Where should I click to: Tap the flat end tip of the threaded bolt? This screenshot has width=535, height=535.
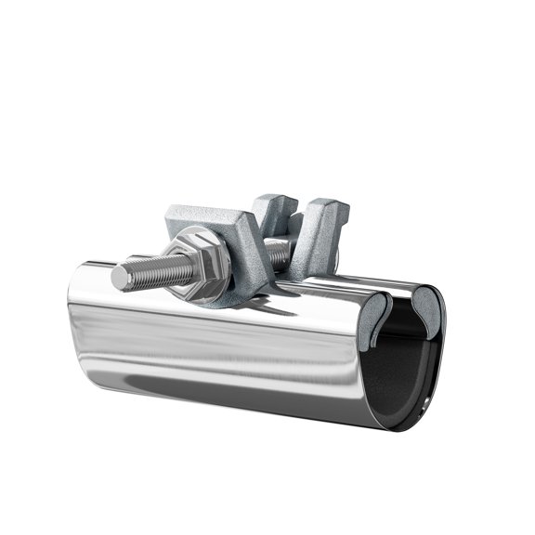point(120,277)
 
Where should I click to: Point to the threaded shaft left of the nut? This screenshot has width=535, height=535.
point(153,271)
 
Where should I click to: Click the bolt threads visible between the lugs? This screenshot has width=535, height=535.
point(276,250)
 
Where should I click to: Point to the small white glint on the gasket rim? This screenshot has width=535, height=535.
point(425,406)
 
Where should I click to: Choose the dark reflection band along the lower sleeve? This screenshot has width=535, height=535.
point(232,385)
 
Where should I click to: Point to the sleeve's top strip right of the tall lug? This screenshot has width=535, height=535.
point(381,283)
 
